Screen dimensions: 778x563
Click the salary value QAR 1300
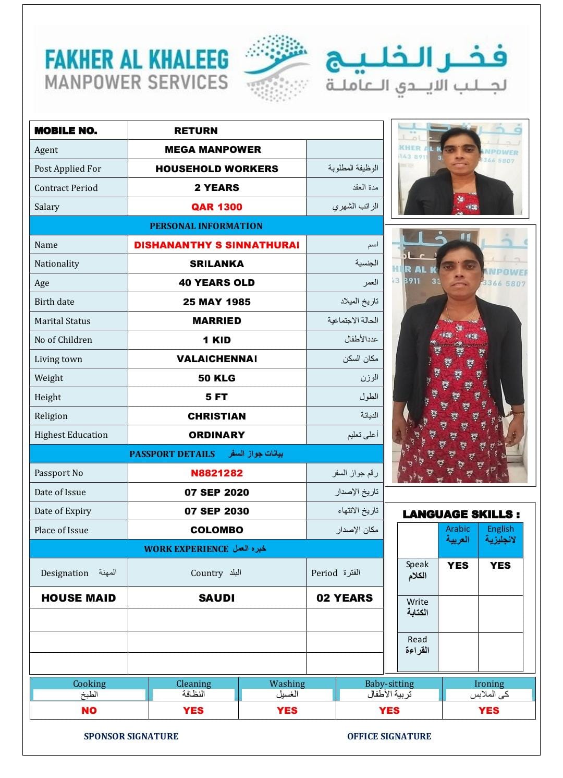click(216, 207)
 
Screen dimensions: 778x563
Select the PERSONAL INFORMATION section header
click(206, 226)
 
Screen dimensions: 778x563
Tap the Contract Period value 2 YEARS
click(216, 187)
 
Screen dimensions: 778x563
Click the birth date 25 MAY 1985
click(216, 302)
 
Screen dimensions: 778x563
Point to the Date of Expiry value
click(216, 511)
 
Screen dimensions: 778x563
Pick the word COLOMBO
click(216, 530)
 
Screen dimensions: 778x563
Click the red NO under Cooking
click(89, 710)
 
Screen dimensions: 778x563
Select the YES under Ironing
click(488, 710)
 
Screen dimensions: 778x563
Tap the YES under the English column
click(500, 565)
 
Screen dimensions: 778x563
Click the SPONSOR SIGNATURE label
click(131, 736)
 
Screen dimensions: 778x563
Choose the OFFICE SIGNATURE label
click(389, 736)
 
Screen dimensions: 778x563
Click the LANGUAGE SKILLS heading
click(461, 514)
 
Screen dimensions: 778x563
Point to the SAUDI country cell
click(216, 598)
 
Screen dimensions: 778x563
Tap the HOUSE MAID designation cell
click(78, 598)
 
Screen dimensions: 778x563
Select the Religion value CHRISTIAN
click(216, 416)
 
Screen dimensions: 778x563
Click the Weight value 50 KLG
click(216, 378)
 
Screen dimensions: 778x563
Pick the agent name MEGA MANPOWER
click(213, 149)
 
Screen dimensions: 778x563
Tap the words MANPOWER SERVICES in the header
click(136, 82)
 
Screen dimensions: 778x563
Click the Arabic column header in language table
click(458, 534)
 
